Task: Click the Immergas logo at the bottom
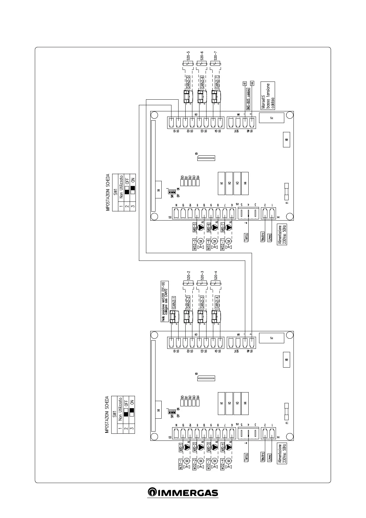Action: (183, 492)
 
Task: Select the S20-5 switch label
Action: (188, 56)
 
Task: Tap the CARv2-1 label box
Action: (174, 302)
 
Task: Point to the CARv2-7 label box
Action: (217, 82)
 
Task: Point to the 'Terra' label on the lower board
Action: (246, 457)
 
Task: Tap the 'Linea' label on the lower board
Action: (270, 457)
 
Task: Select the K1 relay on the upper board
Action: (222, 183)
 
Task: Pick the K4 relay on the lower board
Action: (245, 403)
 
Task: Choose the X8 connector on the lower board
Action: (286, 360)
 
